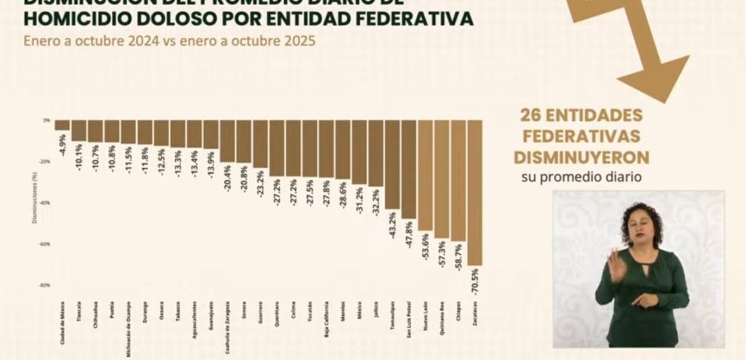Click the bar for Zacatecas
pos(475,192)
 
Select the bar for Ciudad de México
pos(62,125)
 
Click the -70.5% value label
pos(475,282)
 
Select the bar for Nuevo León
pos(425,175)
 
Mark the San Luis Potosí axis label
pos(409,318)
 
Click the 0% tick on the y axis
pos(47,120)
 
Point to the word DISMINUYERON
pos(581,157)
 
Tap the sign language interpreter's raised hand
pos(615,265)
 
